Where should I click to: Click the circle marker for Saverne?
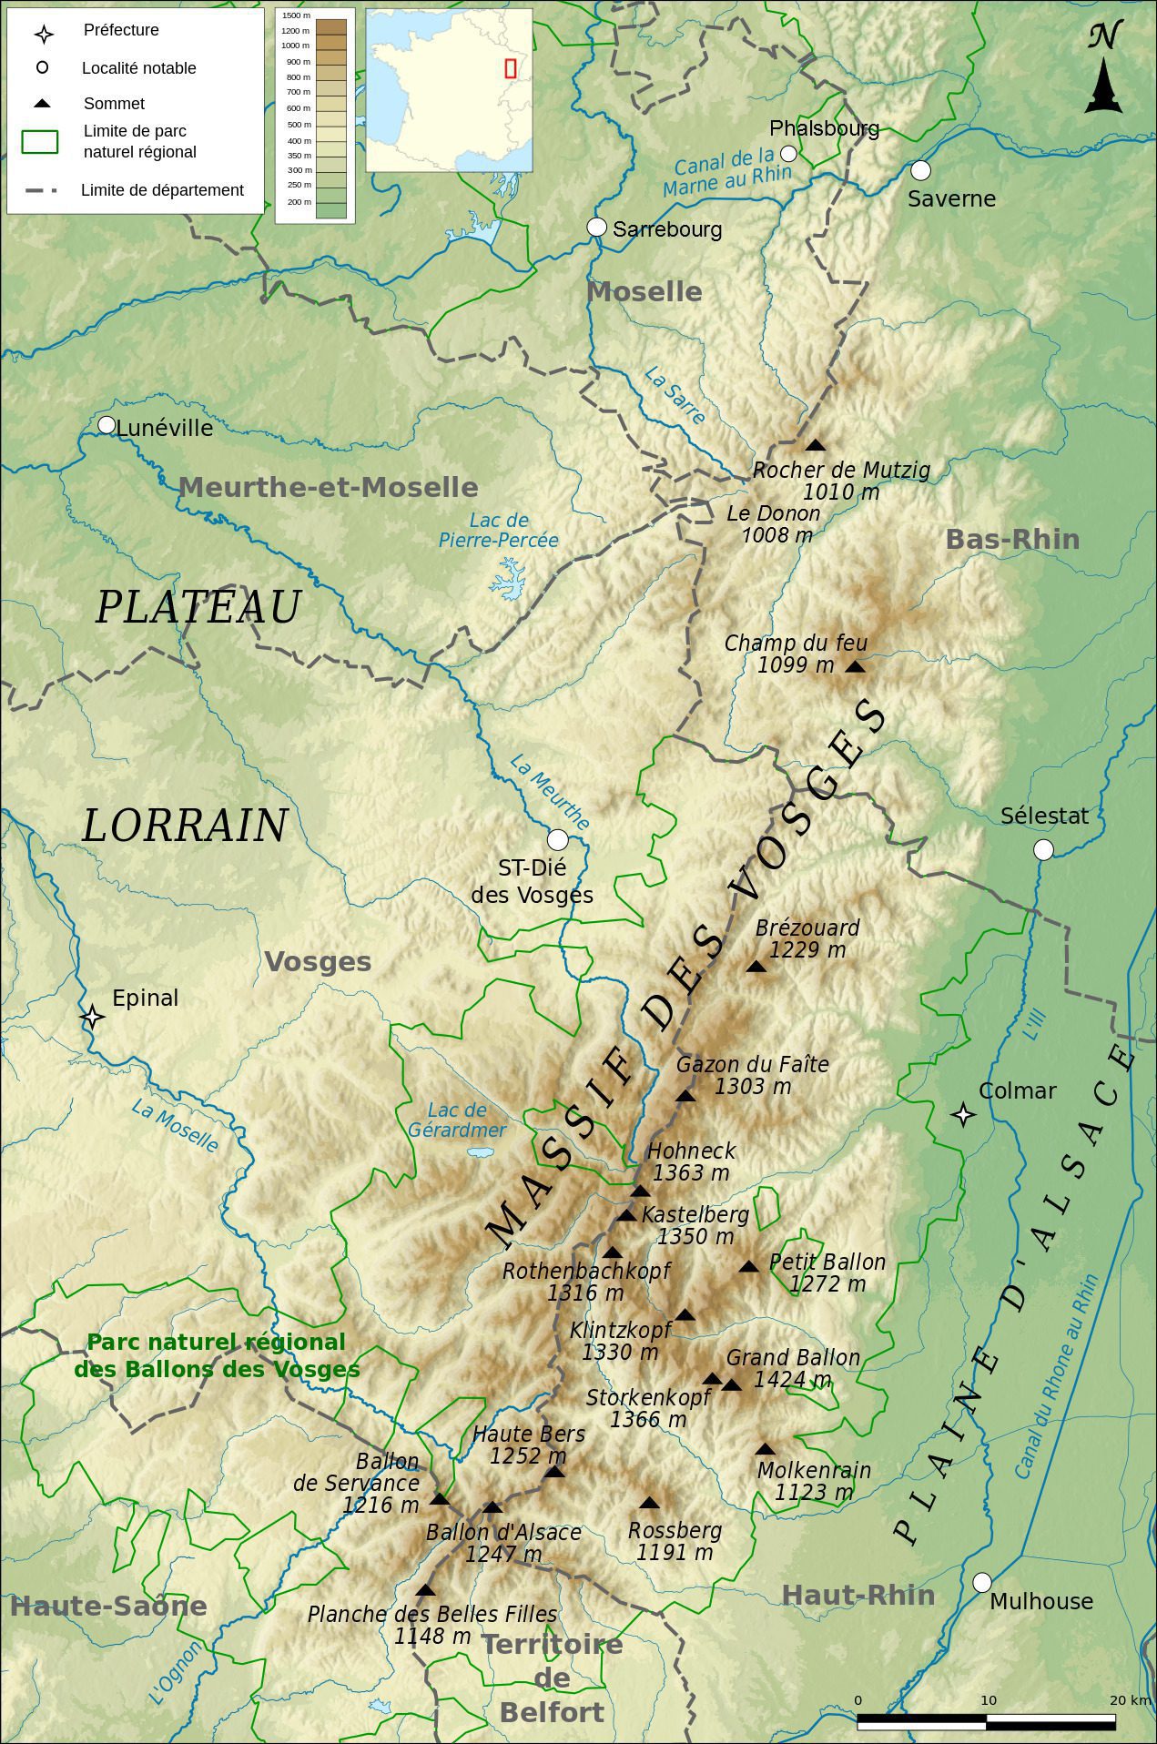point(921,170)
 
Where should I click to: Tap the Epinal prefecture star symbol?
point(91,1017)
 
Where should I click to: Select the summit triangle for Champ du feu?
point(854,667)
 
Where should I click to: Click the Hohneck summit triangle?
point(641,1191)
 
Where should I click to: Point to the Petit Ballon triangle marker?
point(748,1267)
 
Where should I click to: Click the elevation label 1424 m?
point(793,1380)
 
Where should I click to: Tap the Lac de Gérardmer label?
point(457,1120)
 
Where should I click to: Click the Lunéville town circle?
point(107,425)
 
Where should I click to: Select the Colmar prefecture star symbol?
point(963,1114)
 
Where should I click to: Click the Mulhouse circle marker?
point(982,1583)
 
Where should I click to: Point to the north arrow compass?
point(1103,71)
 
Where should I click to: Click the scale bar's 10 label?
point(989,1700)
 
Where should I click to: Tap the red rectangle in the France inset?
point(511,67)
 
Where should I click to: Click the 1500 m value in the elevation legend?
point(296,15)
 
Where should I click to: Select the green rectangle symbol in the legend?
point(40,141)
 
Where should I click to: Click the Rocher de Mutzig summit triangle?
point(815,445)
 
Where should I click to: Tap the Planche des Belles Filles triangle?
point(425,1591)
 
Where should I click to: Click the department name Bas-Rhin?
point(1012,539)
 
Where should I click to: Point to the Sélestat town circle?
point(1044,849)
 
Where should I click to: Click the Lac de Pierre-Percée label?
point(498,531)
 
